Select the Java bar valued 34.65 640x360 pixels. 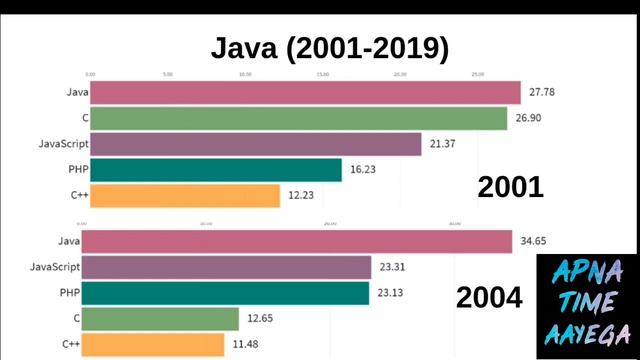296,241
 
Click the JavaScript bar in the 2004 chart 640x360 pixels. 226,267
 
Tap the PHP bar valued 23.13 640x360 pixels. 225,293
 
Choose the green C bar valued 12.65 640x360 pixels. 160,319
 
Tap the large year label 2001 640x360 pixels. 510,187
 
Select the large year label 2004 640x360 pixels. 490,297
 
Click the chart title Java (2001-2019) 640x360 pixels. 329,47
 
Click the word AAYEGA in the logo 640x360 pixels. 587,333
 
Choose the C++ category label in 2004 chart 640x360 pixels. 70,345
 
